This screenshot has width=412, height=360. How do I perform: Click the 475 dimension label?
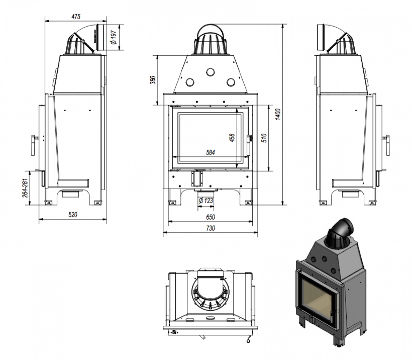point(76,16)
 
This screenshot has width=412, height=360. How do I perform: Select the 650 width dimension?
point(210,217)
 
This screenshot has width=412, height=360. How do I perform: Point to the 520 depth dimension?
point(72,215)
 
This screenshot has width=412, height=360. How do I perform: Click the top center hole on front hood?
point(210,72)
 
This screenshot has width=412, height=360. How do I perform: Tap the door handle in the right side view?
point(387,144)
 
